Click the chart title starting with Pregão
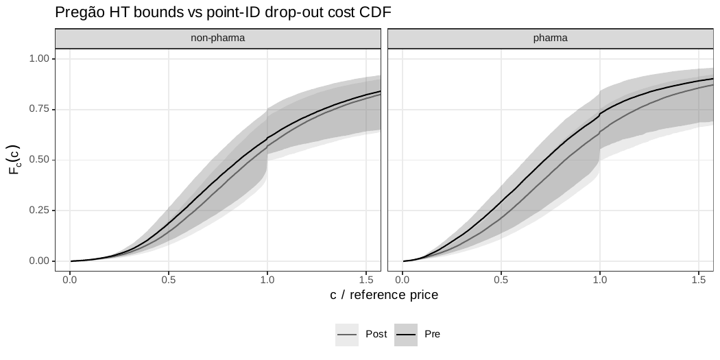[x=223, y=12]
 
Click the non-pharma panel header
[x=217, y=38]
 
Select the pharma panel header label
[x=550, y=38]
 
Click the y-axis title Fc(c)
[x=14, y=160]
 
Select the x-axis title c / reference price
[x=384, y=295]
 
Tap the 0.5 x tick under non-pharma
[x=169, y=280]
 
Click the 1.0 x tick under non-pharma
[x=267, y=280]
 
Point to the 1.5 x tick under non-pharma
[x=366, y=280]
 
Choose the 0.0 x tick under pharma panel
[x=403, y=280]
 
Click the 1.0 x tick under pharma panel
[x=600, y=280]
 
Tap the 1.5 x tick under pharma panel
[x=699, y=280]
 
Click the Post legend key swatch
[x=347, y=335]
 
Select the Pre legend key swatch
[x=406, y=335]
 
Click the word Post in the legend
[x=376, y=335]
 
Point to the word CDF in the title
[x=376, y=12]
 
